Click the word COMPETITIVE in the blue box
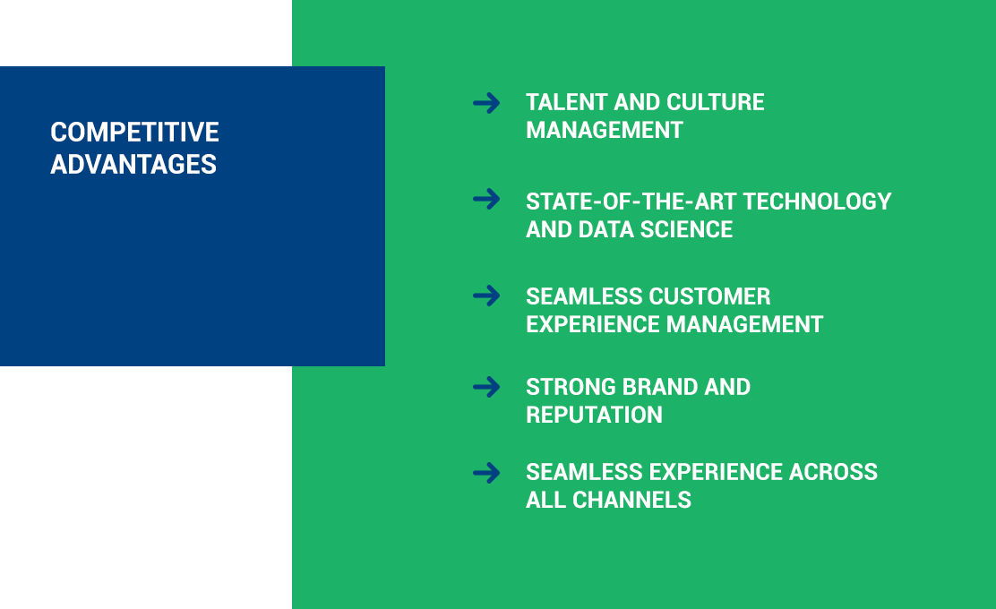(x=134, y=132)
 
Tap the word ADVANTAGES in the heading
(x=133, y=165)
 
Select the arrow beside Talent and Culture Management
(x=486, y=103)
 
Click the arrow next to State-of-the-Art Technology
(x=486, y=200)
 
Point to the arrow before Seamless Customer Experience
(x=486, y=296)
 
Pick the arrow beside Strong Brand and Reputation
(x=486, y=387)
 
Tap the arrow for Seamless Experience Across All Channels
(x=486, y=473)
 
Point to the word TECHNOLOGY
(x=817, y=202)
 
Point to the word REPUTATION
(x=594, y=415)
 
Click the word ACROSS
(x=833, y=472)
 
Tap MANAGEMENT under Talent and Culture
(x=604, y=130)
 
